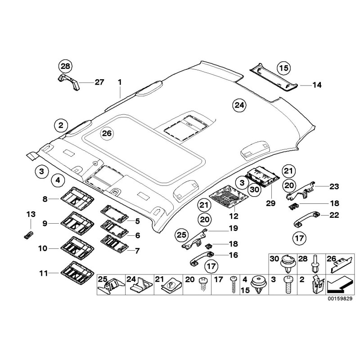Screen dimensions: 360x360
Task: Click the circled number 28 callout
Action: pos(66,67)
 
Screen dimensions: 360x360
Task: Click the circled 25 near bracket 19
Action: pos(180,234)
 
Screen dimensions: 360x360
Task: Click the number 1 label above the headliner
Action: pos(120,82)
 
